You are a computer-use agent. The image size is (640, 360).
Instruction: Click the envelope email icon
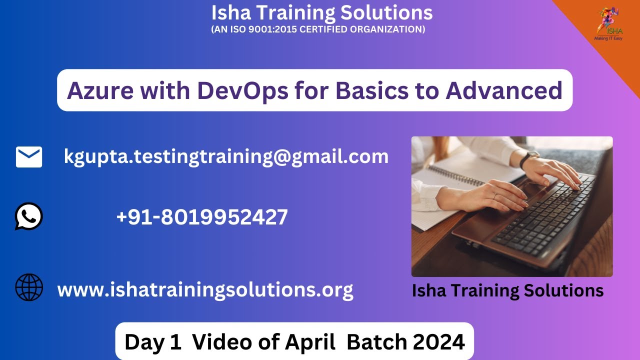pyautogui.click(x=29, y=157)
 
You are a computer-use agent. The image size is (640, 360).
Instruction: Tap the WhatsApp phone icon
pyautogui.click(x=28, y=216)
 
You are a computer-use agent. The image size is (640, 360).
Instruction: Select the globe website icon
pyautogui.click(x=29, y=287)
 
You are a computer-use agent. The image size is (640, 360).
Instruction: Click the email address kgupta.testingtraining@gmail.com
pyautogui.click(x=226, y=156)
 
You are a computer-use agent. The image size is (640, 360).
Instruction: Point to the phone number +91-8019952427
pyautogui.click(x=201, y=217)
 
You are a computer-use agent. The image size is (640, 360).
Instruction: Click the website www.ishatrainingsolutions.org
pyautogui.click(x=205, y=289)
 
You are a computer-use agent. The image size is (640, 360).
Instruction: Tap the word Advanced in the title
pyautogui.click(x=504, y=90)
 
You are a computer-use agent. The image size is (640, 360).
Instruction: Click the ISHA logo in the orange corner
pyautogui.click(x=608, y=22)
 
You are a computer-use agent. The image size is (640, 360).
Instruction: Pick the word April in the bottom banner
pyautogui.click(x=310, y=342)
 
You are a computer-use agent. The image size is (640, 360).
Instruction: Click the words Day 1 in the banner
pyautogui.click(x=153, y=342)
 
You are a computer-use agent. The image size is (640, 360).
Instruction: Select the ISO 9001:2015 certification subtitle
pyautogui.click(x=318, y=29)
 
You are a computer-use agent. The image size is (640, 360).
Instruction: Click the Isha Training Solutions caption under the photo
pyautogui.click(x=507, y=290)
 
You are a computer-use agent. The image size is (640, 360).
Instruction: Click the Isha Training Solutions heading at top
pyautogui.click(x=321, y=12)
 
